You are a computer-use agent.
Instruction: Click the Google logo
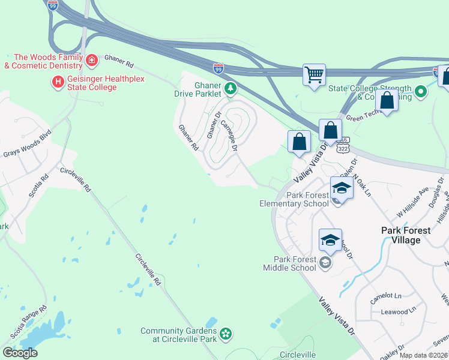pyautogui.click(x=20, y=353)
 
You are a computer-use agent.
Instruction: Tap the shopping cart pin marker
pyautogui.click(x=314, y=76)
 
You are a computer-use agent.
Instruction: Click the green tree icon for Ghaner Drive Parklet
pyautogui.click(x=230, y=89)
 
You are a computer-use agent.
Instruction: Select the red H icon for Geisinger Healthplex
pyautogui.click(x=58, y=82)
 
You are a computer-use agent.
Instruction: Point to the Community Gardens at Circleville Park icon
pyautogui.click(x=226, y=333)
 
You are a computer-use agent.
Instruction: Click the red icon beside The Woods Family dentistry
pyautogui.click(x=92, y=60)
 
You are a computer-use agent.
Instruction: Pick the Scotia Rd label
pyautogui.click(x=38, y=186)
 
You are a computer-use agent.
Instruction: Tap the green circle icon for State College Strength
pyautogui.click(x=421, y=92)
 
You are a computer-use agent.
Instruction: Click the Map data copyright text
pyautogui.click(x=423, y=355)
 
